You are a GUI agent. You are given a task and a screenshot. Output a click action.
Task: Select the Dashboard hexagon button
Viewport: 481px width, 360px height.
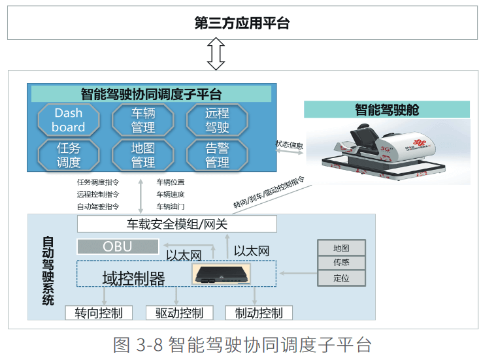coord(69,120)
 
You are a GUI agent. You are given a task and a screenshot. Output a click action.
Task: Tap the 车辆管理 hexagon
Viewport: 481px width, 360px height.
coord(143,120)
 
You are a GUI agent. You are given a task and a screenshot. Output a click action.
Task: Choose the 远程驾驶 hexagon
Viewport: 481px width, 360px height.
coord(217,120)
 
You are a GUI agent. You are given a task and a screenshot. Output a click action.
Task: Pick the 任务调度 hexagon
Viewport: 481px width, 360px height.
coord(69,155)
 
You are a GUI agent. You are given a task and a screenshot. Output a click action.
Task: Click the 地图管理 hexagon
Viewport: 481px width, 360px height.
coord(143,155)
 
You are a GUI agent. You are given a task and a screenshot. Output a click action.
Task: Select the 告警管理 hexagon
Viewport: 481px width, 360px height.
coord(217,155)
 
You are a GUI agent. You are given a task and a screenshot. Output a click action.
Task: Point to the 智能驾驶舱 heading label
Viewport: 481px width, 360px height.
coord(387,109)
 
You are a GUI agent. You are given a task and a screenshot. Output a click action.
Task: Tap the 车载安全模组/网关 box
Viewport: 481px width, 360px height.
coord(176,224)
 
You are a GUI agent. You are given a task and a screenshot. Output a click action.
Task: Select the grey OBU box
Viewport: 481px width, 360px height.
coord(118,246)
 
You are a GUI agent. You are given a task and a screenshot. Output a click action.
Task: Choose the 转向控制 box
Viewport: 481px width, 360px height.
coord(99,313)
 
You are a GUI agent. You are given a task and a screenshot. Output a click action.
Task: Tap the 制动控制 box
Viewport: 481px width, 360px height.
coord(259,313)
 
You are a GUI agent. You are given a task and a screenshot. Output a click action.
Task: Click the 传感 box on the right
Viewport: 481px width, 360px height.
coord(341,263)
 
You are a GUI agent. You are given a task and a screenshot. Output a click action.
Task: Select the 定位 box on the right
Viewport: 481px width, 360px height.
coord(341,278)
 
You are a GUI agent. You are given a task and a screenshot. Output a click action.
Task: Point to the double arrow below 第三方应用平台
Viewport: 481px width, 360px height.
coord(216,54)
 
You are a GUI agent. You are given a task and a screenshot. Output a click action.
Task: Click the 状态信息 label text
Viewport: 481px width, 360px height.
coord(289,144)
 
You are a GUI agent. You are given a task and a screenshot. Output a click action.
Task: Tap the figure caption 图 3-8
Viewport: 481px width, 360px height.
coord(242,344)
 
